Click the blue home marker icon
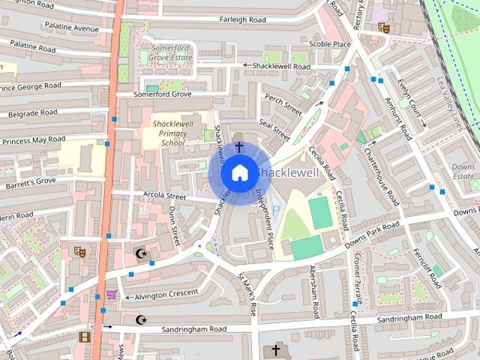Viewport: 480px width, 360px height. (239, 173)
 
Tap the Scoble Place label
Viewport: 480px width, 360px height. (330, 44)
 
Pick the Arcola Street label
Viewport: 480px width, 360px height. (163, 196)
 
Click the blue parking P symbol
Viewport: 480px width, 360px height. (274, 212)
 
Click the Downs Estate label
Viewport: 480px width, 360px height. (463, 171)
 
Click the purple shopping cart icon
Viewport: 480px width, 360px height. (112, 295)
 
